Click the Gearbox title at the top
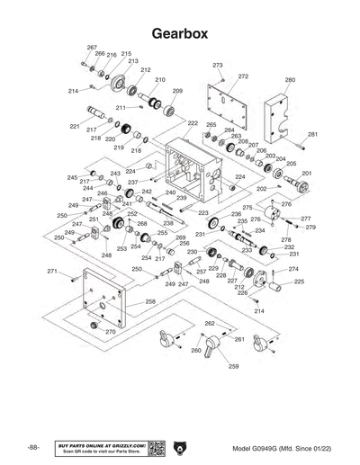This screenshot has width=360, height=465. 180,33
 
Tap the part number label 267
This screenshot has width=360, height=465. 92,47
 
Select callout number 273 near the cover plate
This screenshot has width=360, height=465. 217,66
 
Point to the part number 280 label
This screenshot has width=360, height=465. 290,80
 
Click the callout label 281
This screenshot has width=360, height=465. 313,134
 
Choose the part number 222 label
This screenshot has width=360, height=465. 193,122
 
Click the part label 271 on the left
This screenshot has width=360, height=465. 52,271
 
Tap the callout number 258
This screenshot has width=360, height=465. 150,301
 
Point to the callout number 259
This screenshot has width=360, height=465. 233,367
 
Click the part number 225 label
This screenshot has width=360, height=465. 299,282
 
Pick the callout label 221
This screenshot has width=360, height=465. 75,127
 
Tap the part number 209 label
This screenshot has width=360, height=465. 177,91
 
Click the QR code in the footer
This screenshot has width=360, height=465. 154,447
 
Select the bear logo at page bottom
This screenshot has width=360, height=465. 179,447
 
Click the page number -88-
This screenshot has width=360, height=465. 32,447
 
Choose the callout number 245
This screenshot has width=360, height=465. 72,177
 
